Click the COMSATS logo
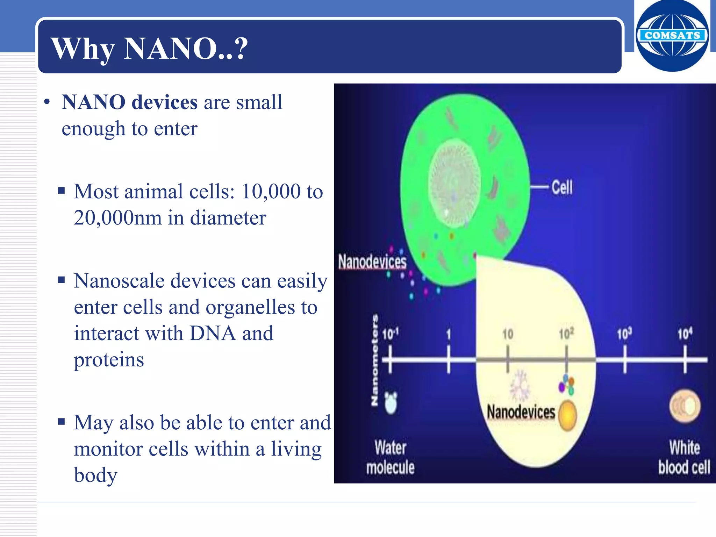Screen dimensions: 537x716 [672, 36]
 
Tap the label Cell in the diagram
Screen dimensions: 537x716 [562, 187]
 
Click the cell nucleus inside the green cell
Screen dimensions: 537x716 [454, 184]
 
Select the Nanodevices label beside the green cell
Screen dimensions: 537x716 [372, 262]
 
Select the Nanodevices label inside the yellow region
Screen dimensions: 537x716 [521, 412]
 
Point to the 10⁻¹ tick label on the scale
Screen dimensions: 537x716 [390, 334]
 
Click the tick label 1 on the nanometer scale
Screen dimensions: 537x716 [449, 334]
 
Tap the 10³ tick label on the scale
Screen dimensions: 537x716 [624, 334]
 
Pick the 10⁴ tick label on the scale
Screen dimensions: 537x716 [685, 334]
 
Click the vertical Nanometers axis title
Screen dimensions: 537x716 [374, 360]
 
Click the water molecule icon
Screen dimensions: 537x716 [391, 402]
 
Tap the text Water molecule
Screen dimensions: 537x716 [390, 457]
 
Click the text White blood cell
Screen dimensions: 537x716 [684, 457]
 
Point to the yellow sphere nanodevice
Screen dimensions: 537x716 [567, 415]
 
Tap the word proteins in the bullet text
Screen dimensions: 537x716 [109, 360]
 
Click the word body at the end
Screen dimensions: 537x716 [95, 475]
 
